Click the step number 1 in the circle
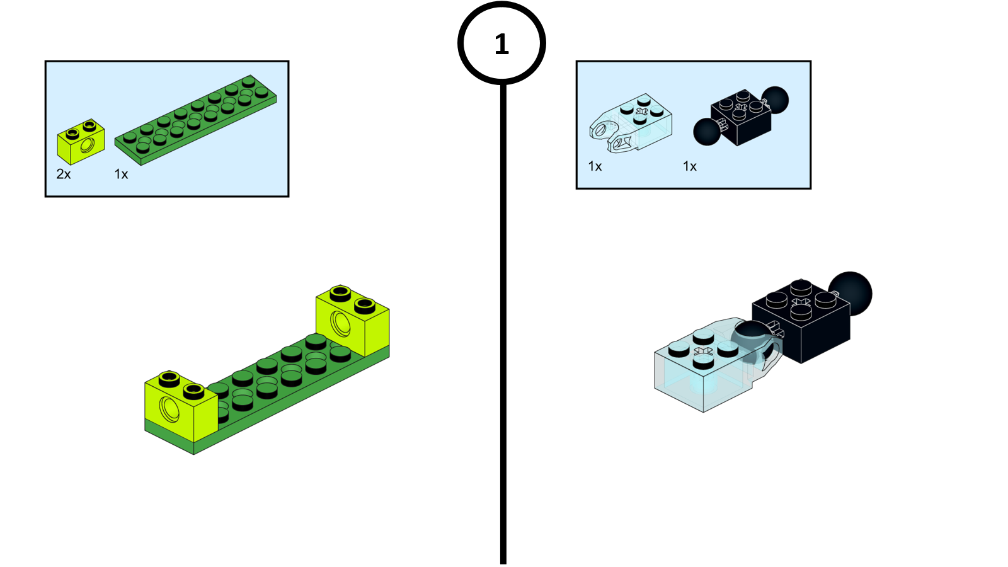coord(501,44)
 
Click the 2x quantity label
coord(64,174)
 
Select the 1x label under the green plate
coord(121,174)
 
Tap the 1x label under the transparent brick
coord(595,166)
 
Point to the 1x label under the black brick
coord(690,166)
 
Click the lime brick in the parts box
coord(81,142)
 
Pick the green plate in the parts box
coord(196,120)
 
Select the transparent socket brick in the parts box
coord(631,123)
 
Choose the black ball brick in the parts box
coord(741,116)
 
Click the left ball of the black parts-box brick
coord(707,132)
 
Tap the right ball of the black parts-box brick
coord(775,100)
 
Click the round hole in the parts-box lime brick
coord(88,146)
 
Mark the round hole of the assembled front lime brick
coord(169,409)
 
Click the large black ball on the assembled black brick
coord(850,294)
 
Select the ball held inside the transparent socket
coord(750,342)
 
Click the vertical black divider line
coord(503,324)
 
